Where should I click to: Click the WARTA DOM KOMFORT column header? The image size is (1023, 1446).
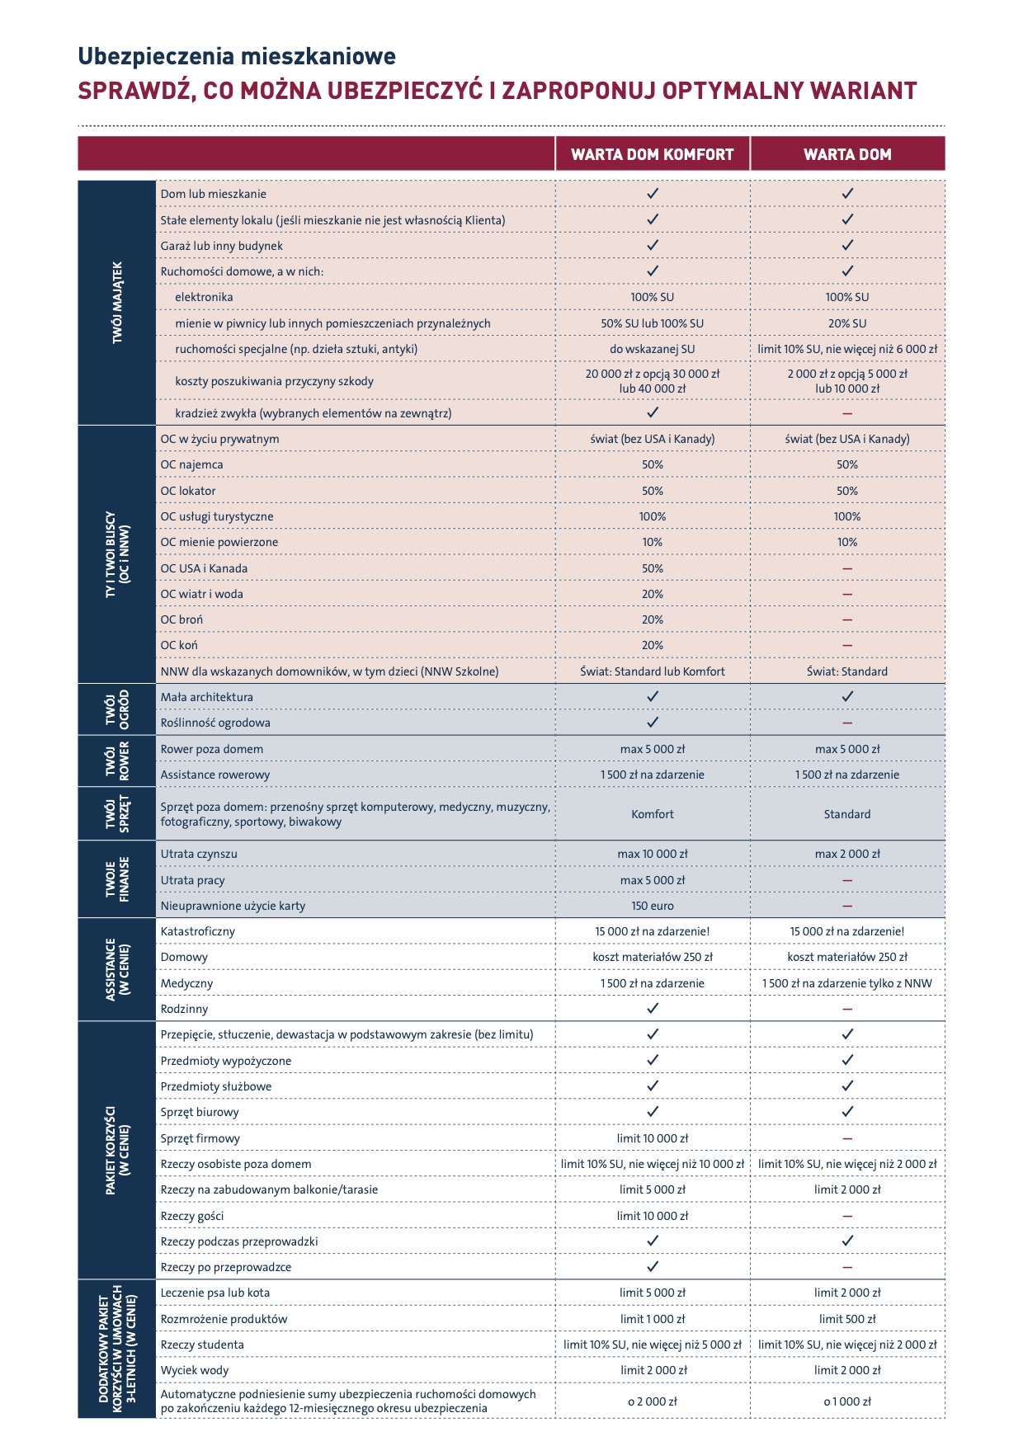point(652,154)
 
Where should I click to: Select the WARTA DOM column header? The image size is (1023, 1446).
point(847,154)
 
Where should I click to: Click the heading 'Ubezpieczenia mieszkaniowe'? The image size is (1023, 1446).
point(237,56)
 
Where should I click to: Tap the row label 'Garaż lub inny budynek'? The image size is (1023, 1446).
point(222,246)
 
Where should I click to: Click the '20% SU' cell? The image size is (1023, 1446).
point(847,323)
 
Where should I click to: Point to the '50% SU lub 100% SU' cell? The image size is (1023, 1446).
point(652,323)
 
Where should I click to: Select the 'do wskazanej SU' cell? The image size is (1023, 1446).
point(652,349)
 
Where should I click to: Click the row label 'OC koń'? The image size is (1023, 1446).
point(179,645)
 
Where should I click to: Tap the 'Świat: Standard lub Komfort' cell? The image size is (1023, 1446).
point(652,671)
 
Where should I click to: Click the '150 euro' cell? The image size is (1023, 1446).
point(652,906)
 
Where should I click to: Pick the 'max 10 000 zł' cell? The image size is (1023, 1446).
point(652,854)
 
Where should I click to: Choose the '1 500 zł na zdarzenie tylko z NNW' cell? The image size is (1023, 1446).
point(847,983)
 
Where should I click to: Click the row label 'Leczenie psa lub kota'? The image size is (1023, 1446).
point(215,1293)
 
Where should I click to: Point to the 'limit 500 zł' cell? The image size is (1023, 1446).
point(847,1319)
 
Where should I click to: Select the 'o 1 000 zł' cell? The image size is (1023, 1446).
point(847,1401)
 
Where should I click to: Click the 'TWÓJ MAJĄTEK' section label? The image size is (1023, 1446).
point(117,302)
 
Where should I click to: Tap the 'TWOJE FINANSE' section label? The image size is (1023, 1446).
point(117,879)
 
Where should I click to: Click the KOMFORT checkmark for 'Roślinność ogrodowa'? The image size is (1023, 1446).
point(652,723)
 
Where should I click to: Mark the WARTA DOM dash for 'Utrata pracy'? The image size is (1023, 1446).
point(847,880)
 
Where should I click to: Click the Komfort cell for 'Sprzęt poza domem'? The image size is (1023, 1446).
point(652,814)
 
